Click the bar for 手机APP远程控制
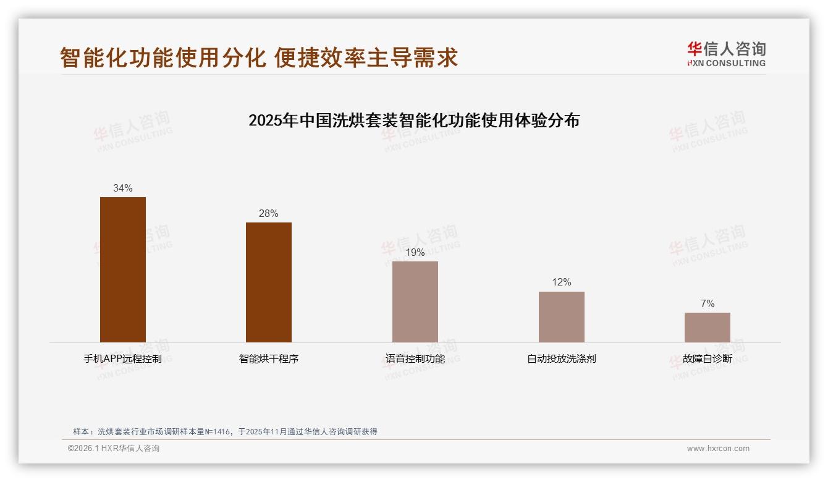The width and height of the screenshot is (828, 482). pyautogui.click(x=123, y=269)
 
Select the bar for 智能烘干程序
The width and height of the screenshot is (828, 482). pyautogui.click(x=269, y=282)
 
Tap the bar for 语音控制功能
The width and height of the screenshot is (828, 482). pyautogui.click(x=415, y=302)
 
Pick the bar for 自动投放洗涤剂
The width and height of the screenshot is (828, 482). pyautogui.click(x=561, y=317)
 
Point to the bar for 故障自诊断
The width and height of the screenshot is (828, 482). pyautogui.click(x=708, y=328)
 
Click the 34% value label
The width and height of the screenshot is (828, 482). pyautogui.click(x=123, y=188)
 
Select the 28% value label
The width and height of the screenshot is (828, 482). pyautogui.click(x=269, y=213)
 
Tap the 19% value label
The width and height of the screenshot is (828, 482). pyautogui.click(x=415, y=252)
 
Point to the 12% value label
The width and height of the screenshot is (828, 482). pyautogui.click(x=561, y=282)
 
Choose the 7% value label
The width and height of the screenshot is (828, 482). pyautogui.click(x=708, y=303)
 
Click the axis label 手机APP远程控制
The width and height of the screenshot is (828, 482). pyautogui.click(x=123, y=358)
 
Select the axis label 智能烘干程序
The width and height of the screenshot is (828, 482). pyautogui.click(x=269, y=358)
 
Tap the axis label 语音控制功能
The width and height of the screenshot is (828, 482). pyautogui.click(x=415, y=358)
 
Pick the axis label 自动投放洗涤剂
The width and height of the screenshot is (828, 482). pyautogui.click(x=561, y=358)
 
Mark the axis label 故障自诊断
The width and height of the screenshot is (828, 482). pyautogui.click(x=708, y=358)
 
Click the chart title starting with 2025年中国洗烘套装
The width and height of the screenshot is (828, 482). pyautogui.click(x=414, y=120)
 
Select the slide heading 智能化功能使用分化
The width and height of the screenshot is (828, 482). pyautogui.click(x=259, y=57)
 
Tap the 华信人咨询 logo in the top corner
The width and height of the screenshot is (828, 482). pyautogui.click(x=727, y=54)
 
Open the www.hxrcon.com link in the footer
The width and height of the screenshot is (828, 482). pyautogui.click(x=718, y=449)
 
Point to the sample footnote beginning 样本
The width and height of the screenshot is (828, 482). pyautogui.click(x=225, y=432)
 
